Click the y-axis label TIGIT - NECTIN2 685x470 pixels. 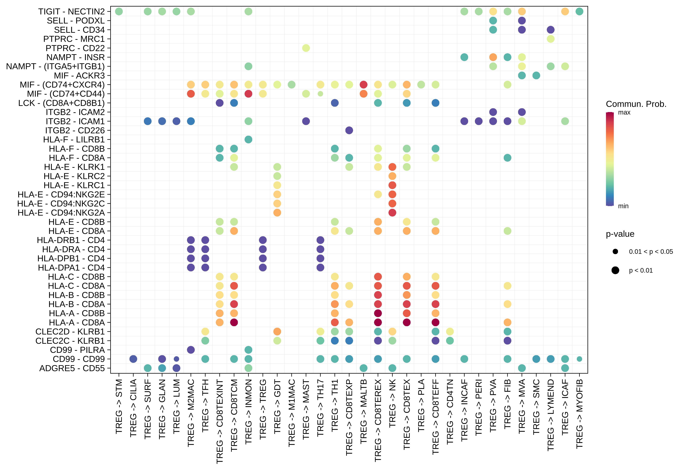pyautogui.click(x=71, y=11)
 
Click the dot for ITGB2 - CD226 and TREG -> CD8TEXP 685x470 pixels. pyautogui.click(x=349, y=130)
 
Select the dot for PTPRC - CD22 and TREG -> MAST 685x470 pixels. pyautogui.click(x=306, y=48)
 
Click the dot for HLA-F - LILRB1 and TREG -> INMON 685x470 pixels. pyautogui.click(x=248, y=139)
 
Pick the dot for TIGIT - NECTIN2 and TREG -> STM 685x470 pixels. pyautogui.click(x=119, y=11)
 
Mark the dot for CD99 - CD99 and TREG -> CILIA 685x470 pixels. pyautogui.click(x=133, y=359)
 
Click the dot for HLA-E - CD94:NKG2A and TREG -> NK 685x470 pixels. pyautogui.click(x=392, y=213)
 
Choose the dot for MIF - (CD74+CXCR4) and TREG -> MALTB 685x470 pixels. pyautogui.click(x=363, y=85)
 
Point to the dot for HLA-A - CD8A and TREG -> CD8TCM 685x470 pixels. pyautogui.click(x=234, y=322)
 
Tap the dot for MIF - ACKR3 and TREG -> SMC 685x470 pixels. pyautogui.click(x=536, y=76)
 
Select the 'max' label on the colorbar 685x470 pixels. pyautogui.click(x=624, y=112)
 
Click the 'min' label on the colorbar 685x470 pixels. pyautogui.click(x=623, y=206)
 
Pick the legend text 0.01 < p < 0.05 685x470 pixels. pyautogui.click(x=651, y=251)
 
